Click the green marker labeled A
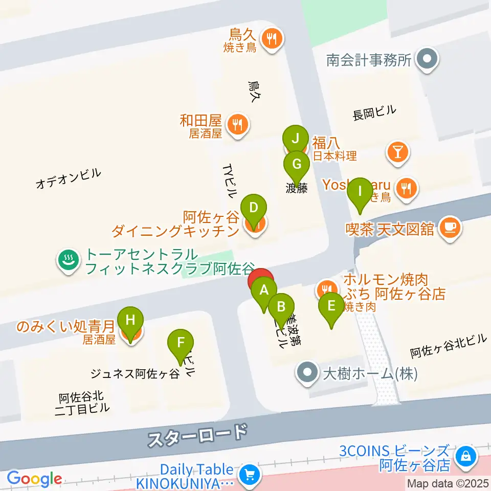coord(264,291)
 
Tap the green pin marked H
coord(130,321)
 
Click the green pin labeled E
coord(331,307)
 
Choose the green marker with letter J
coord(295,139)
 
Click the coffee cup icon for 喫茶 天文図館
coord(450,227)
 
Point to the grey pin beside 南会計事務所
coord(426,60)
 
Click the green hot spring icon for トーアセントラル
coord(68,260)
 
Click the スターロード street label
coord(197,435)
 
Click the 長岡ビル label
coord(375,114)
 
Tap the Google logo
coord(34,479)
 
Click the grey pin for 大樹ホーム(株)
coord(307,373)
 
